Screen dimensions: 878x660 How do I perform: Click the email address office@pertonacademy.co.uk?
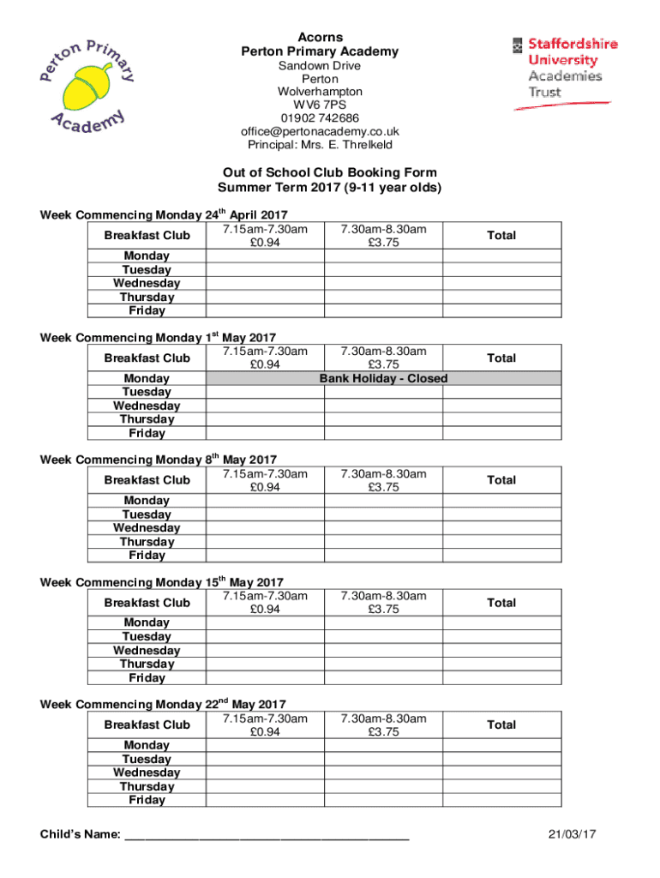coord(320,131)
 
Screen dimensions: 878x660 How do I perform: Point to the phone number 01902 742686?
coord(320,118)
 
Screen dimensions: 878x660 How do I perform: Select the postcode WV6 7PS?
coord(320,105)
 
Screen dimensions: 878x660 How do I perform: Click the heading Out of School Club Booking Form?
coord(329,172)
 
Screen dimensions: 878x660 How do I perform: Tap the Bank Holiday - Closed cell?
coord(383,378)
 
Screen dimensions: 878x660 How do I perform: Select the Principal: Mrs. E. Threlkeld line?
coord(320,145)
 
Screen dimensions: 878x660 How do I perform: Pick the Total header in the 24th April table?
coord(501,235)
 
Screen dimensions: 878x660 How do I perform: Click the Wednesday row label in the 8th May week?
coord(147,528)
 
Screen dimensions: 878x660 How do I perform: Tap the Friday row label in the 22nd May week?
coord(147,800)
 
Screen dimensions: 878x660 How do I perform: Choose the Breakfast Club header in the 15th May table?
coord(147,603)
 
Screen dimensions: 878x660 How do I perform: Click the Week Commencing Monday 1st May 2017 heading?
coord(159,338)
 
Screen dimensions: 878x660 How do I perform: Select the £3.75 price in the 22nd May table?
coord(383,732)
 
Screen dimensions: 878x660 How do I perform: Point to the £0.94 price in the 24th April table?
coord(265,243)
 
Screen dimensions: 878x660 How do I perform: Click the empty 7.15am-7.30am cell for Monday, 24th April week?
coord(265,256)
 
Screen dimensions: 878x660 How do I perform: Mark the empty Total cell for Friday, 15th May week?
coord(501,678)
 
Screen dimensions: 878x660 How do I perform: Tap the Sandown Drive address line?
coord(320,66)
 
